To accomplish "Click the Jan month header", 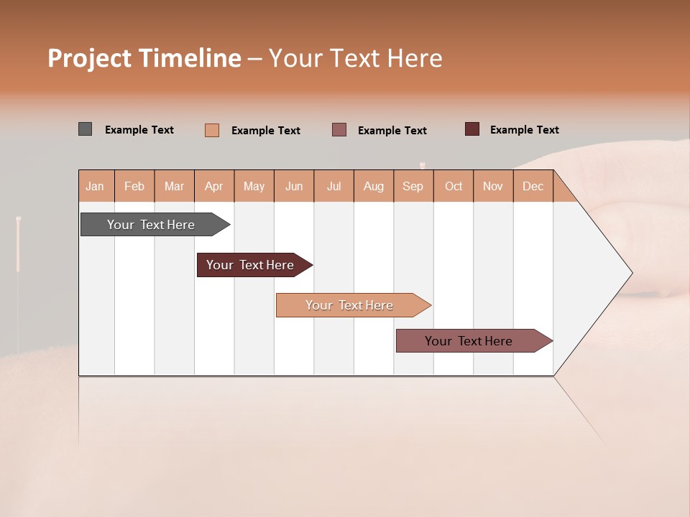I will (x=96, y=186).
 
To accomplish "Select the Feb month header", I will (x=134, y=186).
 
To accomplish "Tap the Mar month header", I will (x=174, y=186).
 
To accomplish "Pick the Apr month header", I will (x=214, y=186).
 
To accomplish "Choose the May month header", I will (x=254, y=186).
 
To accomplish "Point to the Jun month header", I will (x=294, y=186).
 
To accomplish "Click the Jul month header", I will (x=333, y=186).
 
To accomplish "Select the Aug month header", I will (x=374, y=186).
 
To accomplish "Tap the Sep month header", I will (x=413, y=186).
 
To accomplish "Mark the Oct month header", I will (x=454, y=186).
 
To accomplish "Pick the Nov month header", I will (x=493, y=186).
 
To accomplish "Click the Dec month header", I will (x=533, y=186).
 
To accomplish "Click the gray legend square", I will (x=85, y=129).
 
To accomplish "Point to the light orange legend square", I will (x=212, y=130).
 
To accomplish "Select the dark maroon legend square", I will (x=471, y=129).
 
